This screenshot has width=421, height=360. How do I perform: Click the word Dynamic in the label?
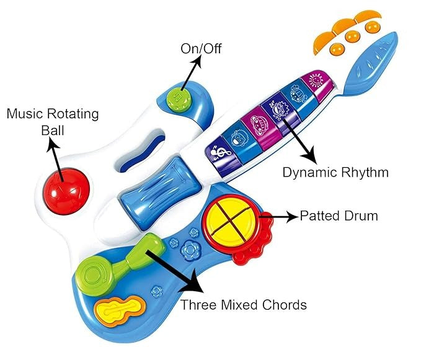[309, 172]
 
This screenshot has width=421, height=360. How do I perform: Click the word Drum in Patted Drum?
[361, 216]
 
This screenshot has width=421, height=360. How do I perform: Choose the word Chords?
[283, 305]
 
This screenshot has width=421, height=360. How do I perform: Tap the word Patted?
[320, 216]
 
